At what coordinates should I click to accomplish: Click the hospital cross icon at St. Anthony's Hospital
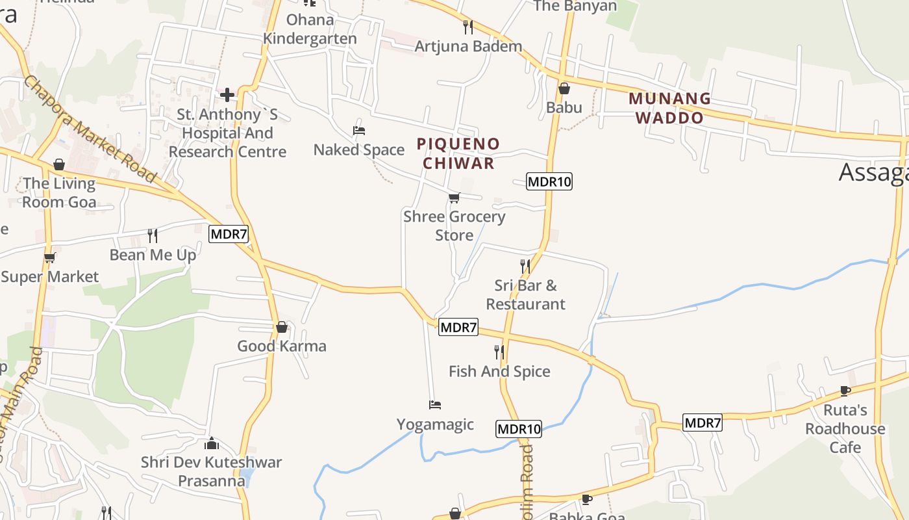(x=227, y=95)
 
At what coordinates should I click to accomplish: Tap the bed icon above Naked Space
(x=358, y=131)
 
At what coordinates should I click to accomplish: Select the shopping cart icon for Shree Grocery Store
(x=454, y=198)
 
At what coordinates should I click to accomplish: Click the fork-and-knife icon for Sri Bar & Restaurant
(x=525, y=266)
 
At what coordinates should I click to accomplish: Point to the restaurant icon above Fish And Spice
(x=499, y=352)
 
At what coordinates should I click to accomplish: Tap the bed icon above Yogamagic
(x=435, y=405)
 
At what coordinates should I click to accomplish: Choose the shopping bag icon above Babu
(x=564, y=88)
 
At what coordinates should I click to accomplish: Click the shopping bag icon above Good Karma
(x=281, y=327)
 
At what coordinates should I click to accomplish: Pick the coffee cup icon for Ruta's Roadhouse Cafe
(x=845, y=391)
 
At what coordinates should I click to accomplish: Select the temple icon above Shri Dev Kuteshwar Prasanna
(x=212, y=443)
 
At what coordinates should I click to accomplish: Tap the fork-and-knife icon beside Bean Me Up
(x=153, y=235)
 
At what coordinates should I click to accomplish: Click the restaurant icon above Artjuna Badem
(x=467, y=27)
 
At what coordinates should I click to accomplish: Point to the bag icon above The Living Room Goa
(x=59, y=164)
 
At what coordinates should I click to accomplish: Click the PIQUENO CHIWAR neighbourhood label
(x=458, y=153)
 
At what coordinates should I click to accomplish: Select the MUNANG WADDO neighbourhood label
(x=669, y=108)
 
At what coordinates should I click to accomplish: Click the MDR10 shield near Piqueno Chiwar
(x=549, y=181)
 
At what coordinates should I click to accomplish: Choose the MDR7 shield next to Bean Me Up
(x=229, y=234)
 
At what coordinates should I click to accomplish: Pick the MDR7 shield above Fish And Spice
(x=458, y=327)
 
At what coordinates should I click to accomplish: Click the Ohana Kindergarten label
(x=310, y=29)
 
